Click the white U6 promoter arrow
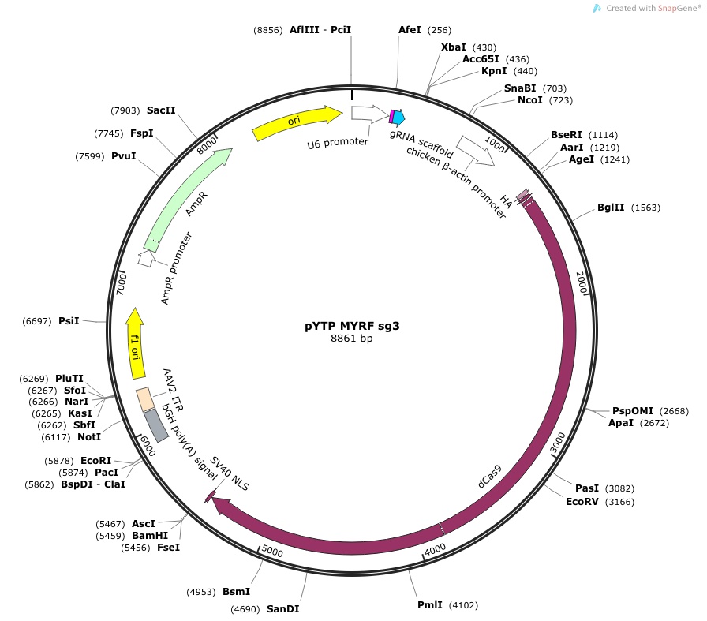tap(368, 114)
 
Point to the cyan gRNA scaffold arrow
tap(399, 118)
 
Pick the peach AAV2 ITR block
tap(146, 399)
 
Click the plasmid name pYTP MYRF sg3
tap(352, 326)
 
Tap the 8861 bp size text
tap(352, 339)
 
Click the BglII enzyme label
tap(611, 208)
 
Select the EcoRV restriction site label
tap(582, 502)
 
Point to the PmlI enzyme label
tap(430, 604)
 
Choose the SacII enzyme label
tap(161, 110)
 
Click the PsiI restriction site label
tap(69, 320)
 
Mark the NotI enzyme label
tap(89, 436)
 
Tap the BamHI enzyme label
tap(150, 535)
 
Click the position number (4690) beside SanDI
tap(245, 609)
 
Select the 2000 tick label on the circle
tap(582, 282)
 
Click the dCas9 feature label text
tap(489, 477)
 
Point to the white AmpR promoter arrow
tap(146, 258)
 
